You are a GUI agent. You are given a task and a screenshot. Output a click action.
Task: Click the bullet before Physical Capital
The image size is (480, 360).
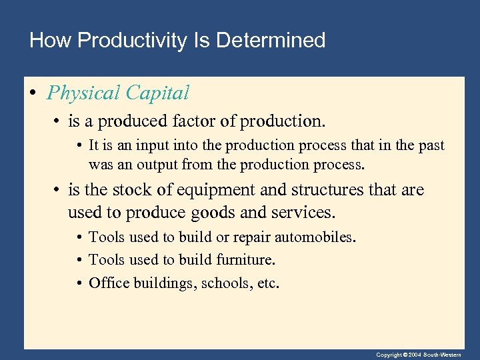(x=33, y=93)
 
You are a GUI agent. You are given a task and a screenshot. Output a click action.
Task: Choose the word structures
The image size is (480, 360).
(x=325, y=191)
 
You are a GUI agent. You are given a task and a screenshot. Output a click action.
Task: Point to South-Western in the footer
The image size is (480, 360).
(x=449, y=355)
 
